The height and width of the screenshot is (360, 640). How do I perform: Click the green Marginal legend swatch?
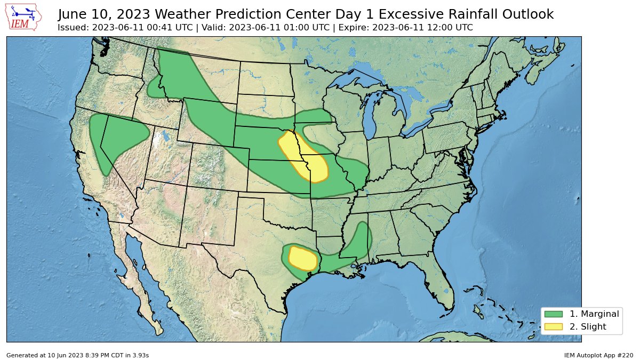pos(554,314)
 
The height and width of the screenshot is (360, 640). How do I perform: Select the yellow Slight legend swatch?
pos(554,326)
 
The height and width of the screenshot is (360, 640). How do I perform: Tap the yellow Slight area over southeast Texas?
pos(303,259)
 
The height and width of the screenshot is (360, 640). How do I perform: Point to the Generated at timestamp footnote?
pos(77,355)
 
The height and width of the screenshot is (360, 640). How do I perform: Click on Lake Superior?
pos(355,81)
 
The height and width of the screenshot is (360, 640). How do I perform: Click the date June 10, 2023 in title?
pos(102,14)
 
